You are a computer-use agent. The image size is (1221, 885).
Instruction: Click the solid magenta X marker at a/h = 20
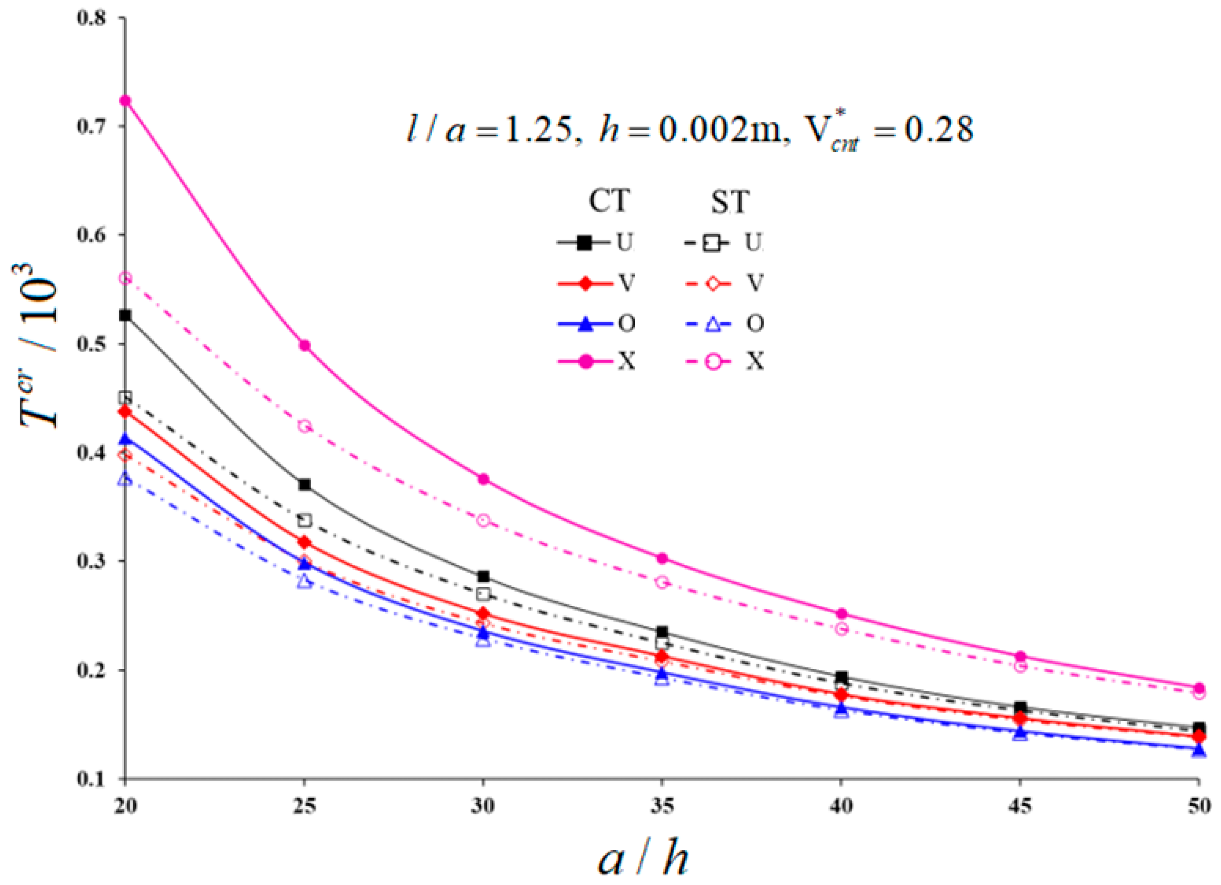click(x=125, y=101)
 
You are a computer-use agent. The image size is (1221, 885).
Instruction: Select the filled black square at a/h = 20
click(x=125, y=315)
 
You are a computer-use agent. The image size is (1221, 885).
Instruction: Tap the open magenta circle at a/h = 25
click(x=305, y=426)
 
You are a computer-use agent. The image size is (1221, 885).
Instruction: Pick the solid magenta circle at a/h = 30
click(x=484, y=479)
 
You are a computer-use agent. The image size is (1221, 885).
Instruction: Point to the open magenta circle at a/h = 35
click(x=663, y=582)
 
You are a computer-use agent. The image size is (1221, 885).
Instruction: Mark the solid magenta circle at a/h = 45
click(x=1020, y=656)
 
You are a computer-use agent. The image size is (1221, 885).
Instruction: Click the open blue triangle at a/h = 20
click(x=125, y=479)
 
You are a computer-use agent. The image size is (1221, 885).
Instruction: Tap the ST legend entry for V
click(x=724, y=283)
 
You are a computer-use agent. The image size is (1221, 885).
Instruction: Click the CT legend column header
click(x=608, y=201)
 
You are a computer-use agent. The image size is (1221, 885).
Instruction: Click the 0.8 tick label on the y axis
click(x=92, y=18)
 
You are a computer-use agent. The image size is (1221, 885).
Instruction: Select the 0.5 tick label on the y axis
click(x=92, y=343)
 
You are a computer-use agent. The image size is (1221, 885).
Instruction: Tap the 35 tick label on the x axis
click(x=663, y=806)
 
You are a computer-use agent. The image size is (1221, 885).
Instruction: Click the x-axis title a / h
click(x=644, y=860)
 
